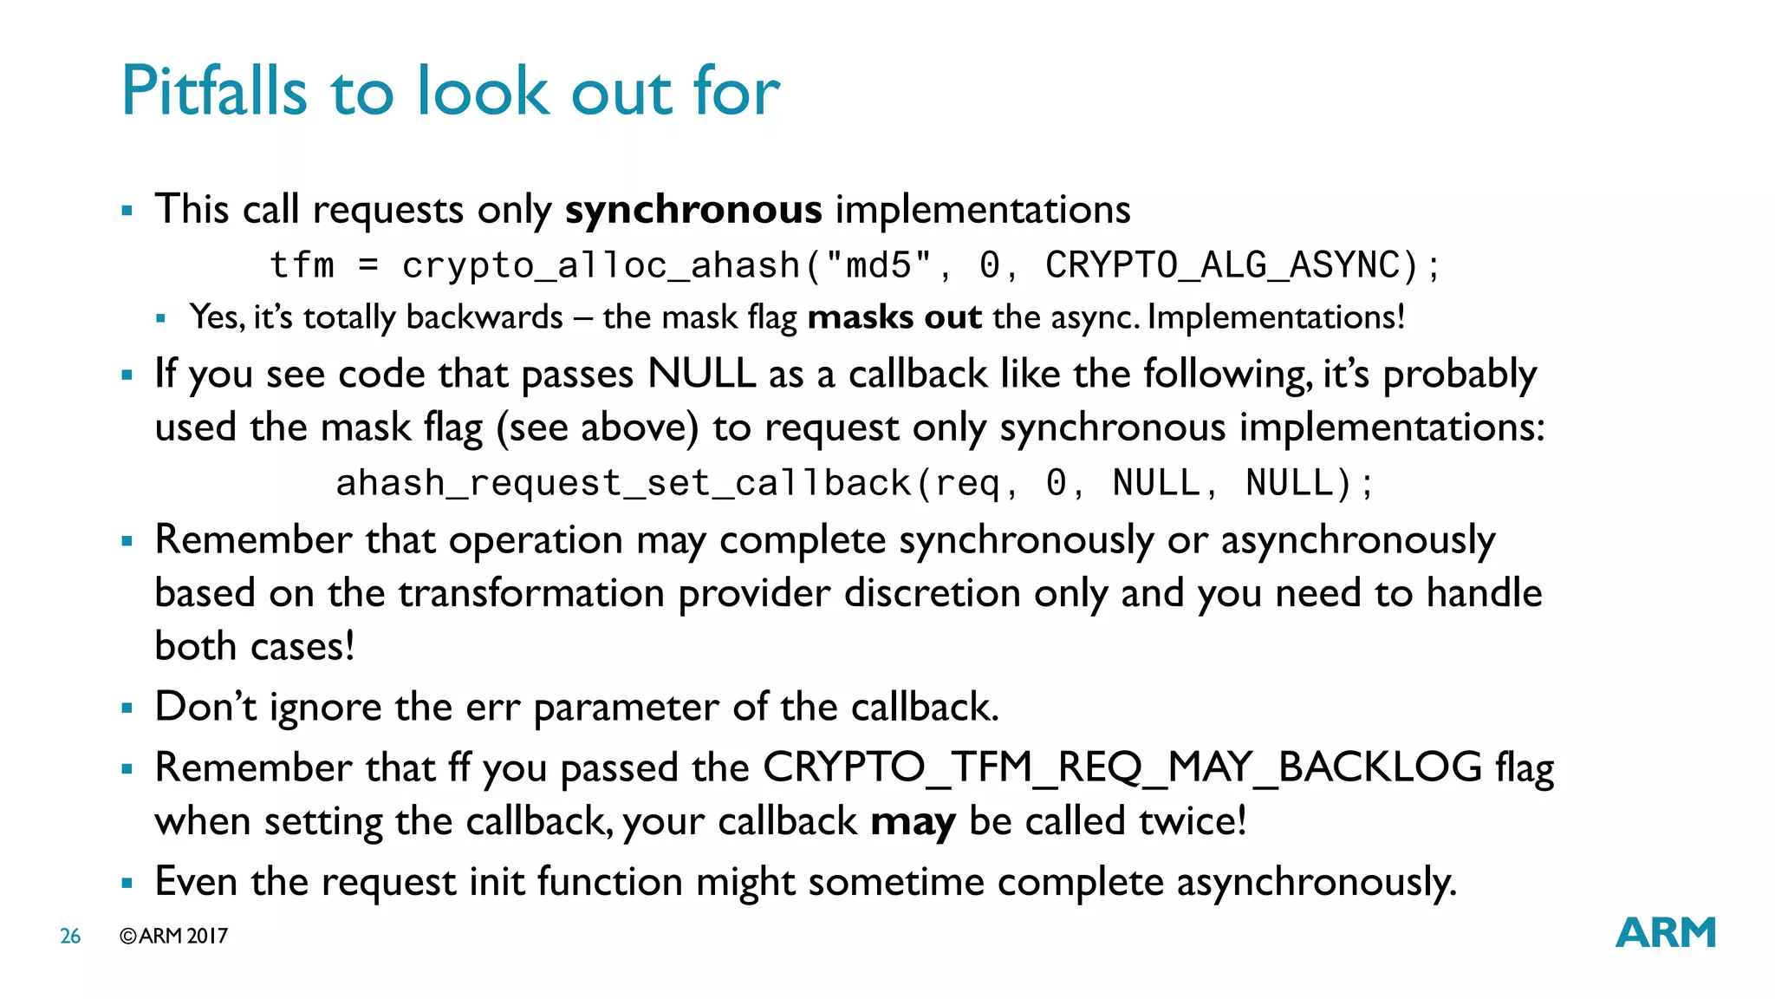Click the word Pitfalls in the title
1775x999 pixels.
pos(214,91)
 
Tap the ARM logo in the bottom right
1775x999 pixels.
pos(1665,933)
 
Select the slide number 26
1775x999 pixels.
pos(70,937)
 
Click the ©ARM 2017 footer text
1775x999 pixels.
pos(174,937)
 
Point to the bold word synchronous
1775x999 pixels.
pos(693,210)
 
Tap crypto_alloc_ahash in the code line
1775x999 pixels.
pos(601,265)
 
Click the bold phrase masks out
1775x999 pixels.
pos(894,317)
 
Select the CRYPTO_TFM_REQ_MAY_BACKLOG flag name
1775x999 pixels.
pos(1122,767)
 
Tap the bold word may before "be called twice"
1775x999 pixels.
pos(913,821)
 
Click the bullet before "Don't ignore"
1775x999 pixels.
pos(127,708)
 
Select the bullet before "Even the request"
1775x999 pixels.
pos(127,884)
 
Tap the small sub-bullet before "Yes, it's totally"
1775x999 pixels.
pos(160,319)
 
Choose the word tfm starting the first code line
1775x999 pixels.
pos(302,265)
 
